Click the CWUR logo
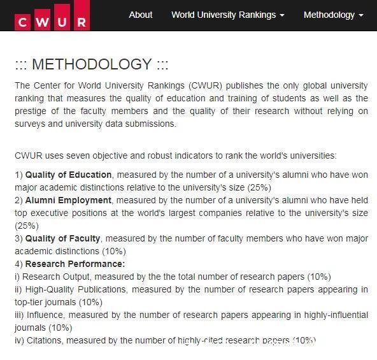click(52, 17)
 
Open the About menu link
click(140, 15)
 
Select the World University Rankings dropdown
click(227, 15)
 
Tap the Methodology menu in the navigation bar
click(333, 15)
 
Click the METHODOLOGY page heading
click(92, 64)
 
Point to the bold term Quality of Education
click(69, 175)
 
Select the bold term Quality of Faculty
click(62, 238)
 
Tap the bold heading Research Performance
click(75, 264)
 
